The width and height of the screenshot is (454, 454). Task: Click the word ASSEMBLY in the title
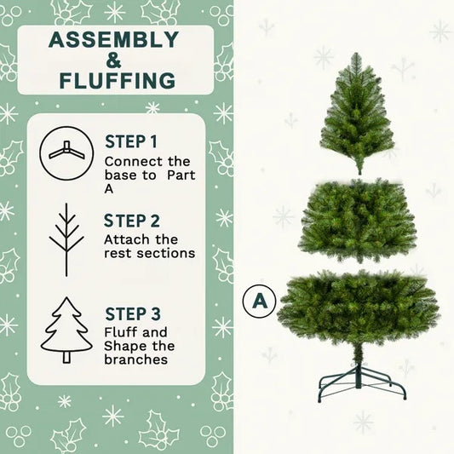113,40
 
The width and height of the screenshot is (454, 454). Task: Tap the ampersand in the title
114,60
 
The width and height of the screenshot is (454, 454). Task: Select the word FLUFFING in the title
118,81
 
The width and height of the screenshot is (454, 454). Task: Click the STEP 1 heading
131,141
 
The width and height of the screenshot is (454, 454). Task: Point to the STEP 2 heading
133,220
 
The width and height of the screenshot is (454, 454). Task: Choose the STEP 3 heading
133,313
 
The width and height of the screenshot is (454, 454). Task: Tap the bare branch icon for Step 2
66,238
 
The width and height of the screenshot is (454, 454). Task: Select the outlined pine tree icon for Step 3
66,330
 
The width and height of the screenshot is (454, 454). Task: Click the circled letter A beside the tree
259,300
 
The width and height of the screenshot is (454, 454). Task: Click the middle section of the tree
357,221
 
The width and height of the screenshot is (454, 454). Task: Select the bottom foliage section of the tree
359,305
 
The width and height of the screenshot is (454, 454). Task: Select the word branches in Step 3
135,359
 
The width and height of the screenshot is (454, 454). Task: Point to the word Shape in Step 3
124,346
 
